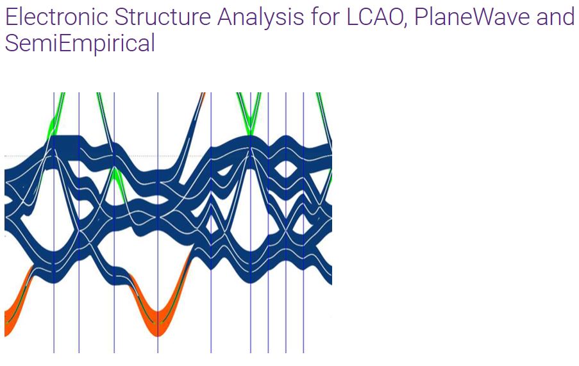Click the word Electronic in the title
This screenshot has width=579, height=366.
(56, 17)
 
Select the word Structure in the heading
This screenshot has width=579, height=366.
(163, 17)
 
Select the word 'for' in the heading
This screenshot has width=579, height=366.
(326, 17)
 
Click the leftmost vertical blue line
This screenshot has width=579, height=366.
(54, 222)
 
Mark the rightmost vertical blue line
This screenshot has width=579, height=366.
(303, 222)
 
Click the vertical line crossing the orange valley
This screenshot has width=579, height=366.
(158, 222)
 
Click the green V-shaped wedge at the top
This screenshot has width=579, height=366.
(249, 118)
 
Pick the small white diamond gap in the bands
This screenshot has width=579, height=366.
(212, 225)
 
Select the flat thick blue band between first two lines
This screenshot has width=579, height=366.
(67, 147)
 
